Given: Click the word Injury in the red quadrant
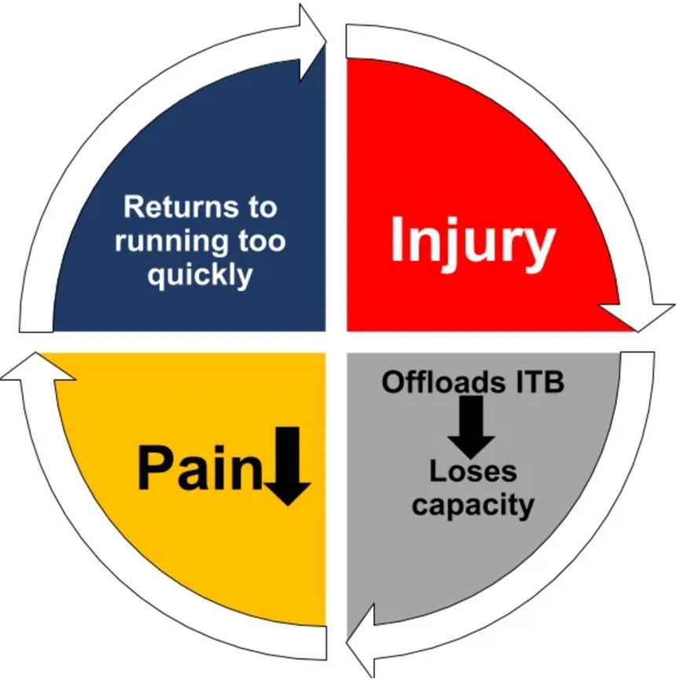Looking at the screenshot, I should [x=472, y=240].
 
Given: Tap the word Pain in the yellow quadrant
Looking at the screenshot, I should [x=199, y=468].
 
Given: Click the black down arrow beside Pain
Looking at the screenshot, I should [x=288, y=465].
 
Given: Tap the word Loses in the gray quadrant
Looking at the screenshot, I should [x=472, y=471].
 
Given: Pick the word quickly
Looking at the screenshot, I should [x=200, y=275].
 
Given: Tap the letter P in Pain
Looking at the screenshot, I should [x=156, y=468].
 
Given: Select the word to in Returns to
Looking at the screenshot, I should [x=261, y=207].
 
